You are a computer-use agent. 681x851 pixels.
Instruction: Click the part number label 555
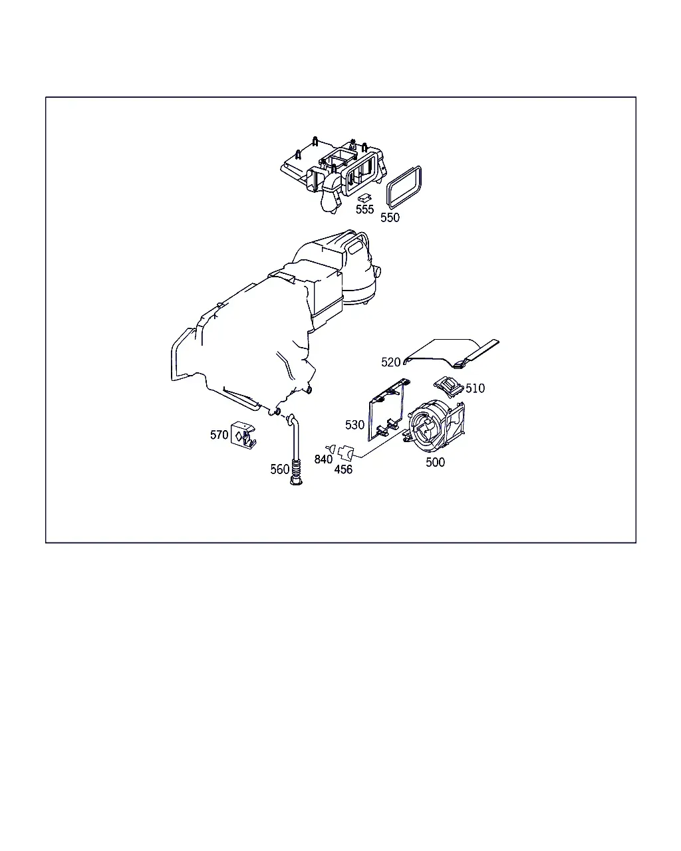[364, 209]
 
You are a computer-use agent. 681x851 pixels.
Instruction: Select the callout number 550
[390, 217]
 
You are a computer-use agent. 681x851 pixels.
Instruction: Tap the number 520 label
[390, 362]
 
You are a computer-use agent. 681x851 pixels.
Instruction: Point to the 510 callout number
[475, 388]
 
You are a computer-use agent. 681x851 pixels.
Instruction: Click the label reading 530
[354, 425]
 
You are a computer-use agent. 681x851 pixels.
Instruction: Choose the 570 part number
[219, 435]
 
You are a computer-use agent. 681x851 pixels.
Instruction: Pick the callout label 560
[280, 469]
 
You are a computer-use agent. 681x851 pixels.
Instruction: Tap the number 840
[323, 459]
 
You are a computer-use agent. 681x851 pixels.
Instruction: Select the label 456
[343, 469]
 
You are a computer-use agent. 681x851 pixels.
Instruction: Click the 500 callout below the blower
[436, 462]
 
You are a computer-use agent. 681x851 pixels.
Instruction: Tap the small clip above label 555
[364, 197]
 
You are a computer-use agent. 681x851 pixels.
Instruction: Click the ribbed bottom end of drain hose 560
[295, 472]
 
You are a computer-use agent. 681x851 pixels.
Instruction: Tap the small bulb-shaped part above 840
[331, 449]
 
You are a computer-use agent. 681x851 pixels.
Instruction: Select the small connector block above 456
[345, 452]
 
